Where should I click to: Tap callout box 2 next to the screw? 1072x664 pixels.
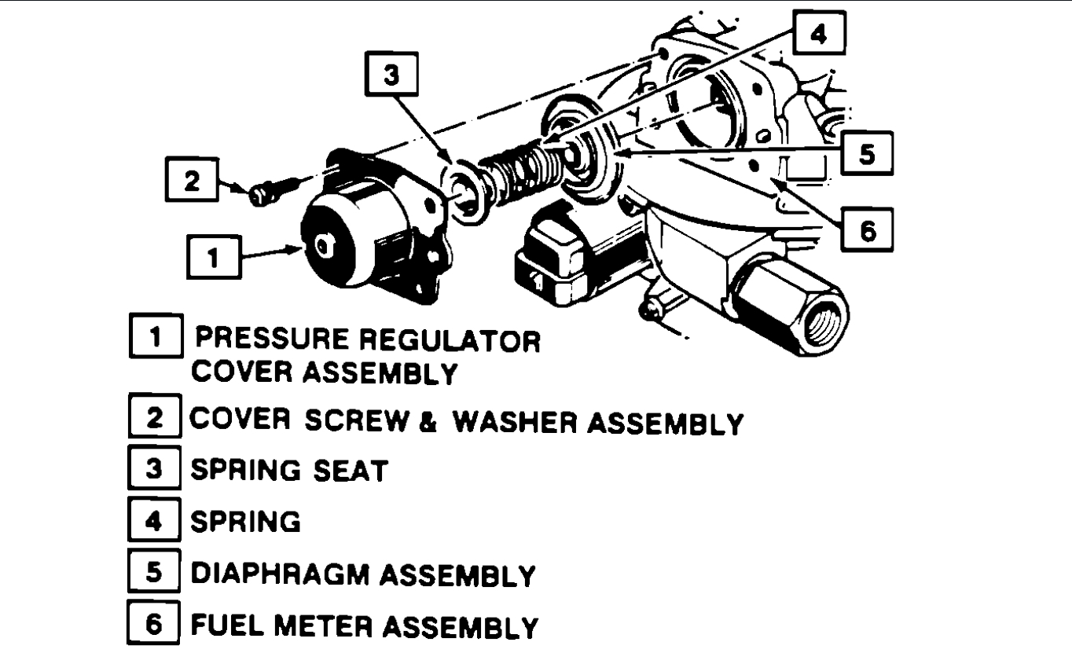click(x=189, y=181)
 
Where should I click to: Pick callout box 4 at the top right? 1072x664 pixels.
click(x=817, y=36)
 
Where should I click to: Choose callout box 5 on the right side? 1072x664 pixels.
click(x=865, y=154)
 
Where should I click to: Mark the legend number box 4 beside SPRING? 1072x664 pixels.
click(x=155, y=522)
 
